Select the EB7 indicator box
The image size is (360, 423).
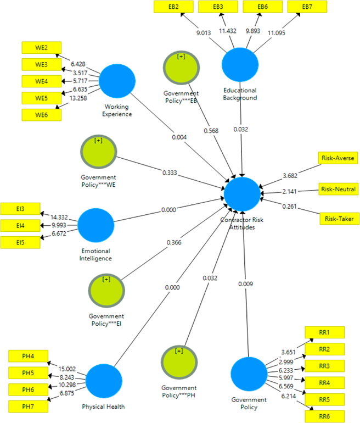pyautogui.click(x=307, y=7)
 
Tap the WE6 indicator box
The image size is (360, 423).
pyautogui.click(x=41, y=115)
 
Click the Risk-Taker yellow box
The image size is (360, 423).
pyautogui.click(x=339, y=219)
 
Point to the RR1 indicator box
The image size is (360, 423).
pyautogui.click(x=324, y=332)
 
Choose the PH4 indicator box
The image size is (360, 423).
pyautogui.click(x=29, y=357)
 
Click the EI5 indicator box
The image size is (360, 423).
pyautogui.click(x=21, y=242)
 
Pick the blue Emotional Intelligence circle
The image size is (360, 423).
pyautogui.click(x=96, y=225)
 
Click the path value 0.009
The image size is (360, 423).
pyautogui.click(x=245, y=284)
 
